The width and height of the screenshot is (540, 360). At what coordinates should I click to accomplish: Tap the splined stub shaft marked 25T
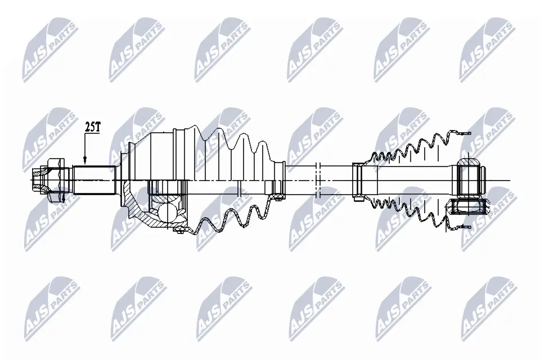[x=94, y=180]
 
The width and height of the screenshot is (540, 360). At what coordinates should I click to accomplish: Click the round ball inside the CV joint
[x=166, y=212]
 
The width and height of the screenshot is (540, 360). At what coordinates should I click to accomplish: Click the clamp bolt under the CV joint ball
[x=179, y=229]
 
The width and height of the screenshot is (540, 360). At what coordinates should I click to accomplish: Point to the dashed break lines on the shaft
[x=318, y=180]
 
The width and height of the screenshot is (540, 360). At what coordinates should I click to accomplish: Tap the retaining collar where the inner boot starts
[x=358, y=180]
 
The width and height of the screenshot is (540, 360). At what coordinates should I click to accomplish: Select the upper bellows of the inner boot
[x=405, y=149]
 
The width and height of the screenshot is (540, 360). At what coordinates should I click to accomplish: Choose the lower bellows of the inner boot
[x=405, y=212]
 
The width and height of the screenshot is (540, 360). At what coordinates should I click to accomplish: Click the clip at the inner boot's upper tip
[x=462, y=134]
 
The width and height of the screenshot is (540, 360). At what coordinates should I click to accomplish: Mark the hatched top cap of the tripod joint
[x=470, y=164]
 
